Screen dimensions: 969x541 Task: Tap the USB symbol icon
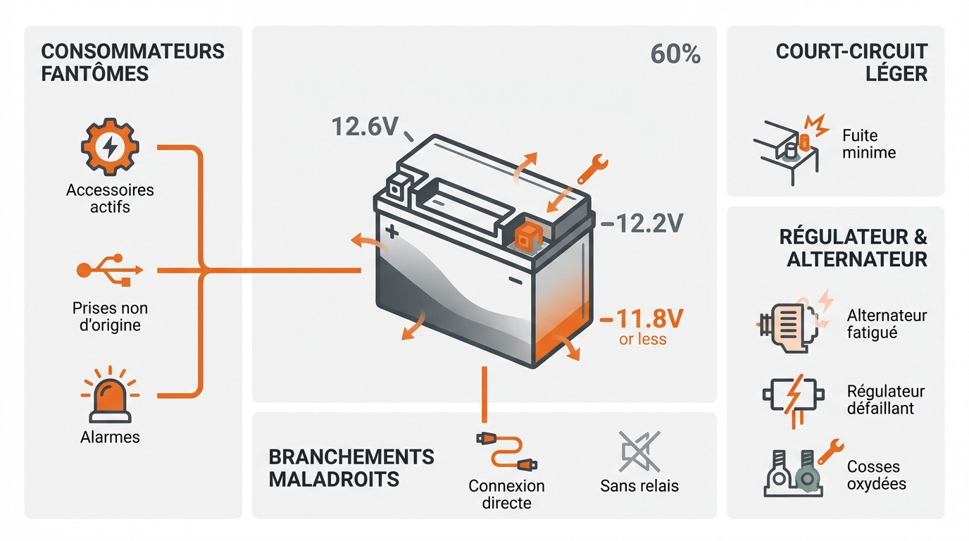click(x=110, y=270)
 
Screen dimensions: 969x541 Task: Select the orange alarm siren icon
click(x=110, y=395)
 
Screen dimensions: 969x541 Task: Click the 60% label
click(x=675, y=55)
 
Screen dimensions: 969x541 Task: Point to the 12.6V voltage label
click(x=364, y=127)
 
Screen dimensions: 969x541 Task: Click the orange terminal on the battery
click(x=525, y=236)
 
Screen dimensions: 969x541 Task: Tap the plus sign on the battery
click(x=392, y=231)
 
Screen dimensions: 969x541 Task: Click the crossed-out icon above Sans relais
click(x=639, y=452)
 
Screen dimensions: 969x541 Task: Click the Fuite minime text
click(x=868, y=144)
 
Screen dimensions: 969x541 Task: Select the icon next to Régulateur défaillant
click(x=793, y=399)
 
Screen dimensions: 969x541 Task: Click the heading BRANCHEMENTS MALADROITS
click(x=351, y=468)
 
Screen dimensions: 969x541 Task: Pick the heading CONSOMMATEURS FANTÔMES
click(x=132, y=62)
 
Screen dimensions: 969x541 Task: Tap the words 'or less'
click(x=642, y=340)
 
